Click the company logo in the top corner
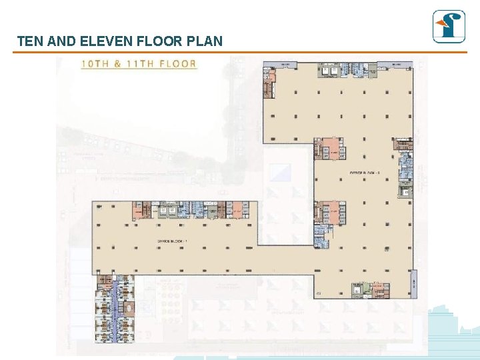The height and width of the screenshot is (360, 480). (449, 27)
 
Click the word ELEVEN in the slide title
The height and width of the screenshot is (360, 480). (106, 41)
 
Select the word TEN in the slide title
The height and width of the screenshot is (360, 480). (29, 41)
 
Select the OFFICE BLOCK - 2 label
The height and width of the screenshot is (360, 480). (364, 173)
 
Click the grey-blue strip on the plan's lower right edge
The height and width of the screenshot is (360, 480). (415, 283)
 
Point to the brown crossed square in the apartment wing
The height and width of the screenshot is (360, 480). (129, 309)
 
